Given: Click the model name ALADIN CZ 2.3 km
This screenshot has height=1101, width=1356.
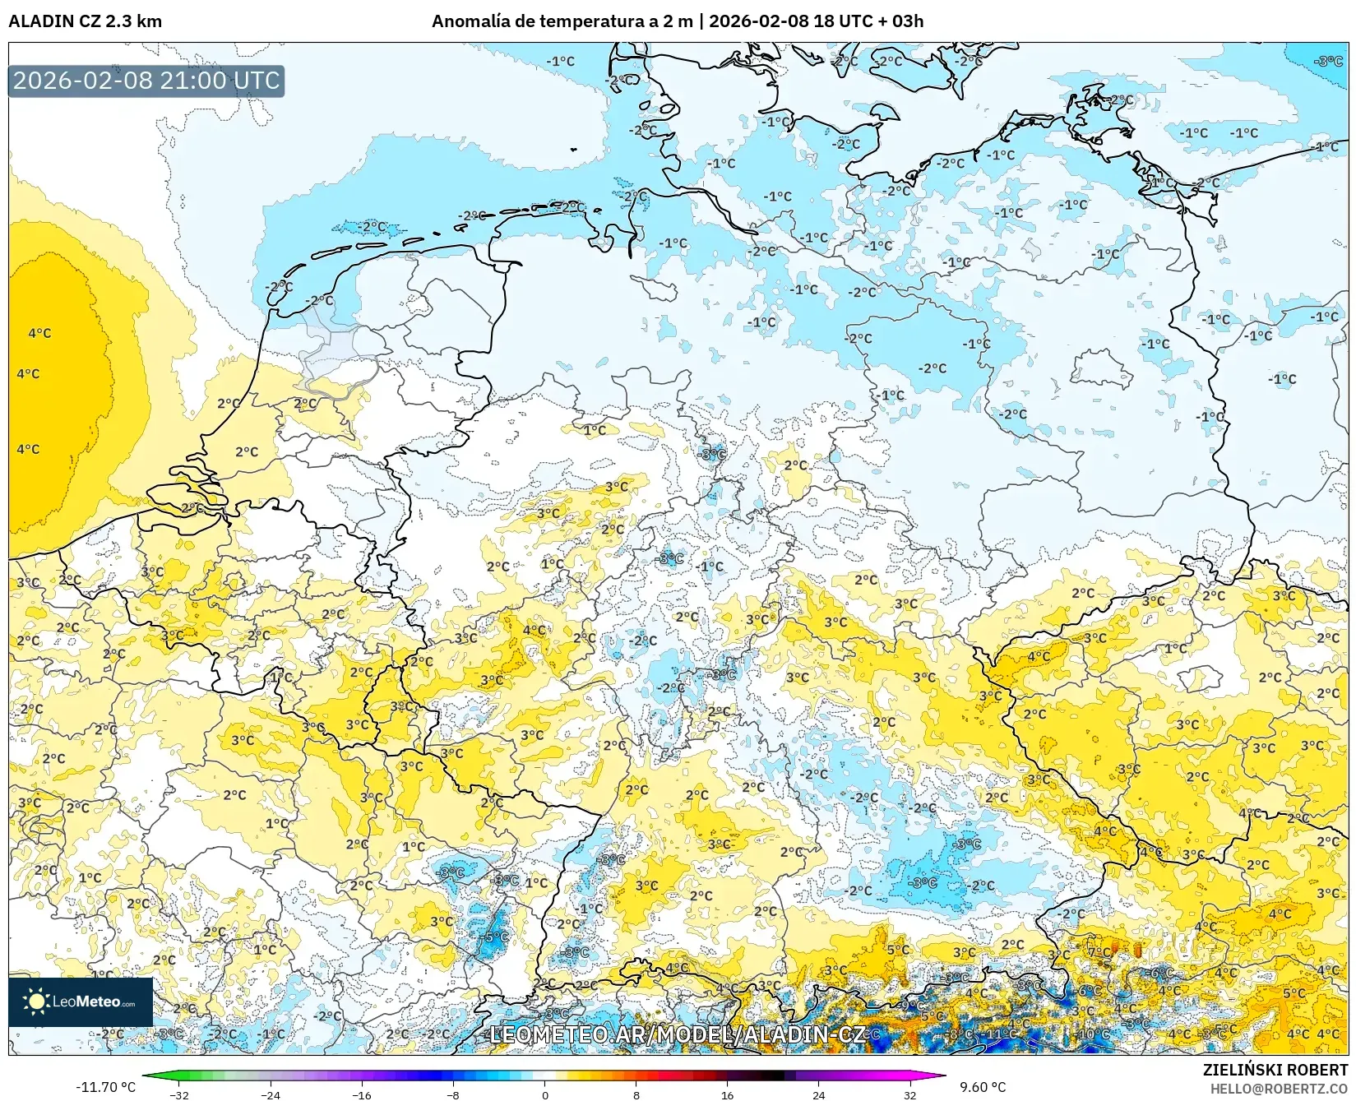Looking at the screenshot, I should pyautogui.click(x=85, y=21).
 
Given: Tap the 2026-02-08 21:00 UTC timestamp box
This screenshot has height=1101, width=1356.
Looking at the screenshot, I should pyautogui.click(x=146, y=81).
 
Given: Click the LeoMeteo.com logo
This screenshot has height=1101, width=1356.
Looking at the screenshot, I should pyautogui.click(x=81, y=1002).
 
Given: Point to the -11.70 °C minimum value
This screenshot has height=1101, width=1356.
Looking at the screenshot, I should pyautogui.click(x=105, y=1087).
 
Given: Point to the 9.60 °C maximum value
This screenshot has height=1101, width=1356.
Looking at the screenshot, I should pyautogui.click(x=983, y=1087).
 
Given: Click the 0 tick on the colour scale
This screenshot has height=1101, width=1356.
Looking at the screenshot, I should pyautogui.click(x=544, y=1094).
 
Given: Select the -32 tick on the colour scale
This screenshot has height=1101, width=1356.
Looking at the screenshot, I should pyautogui.click(x=179, y=1094).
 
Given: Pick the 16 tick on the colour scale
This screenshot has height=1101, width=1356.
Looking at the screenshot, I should pyautogui.click(x=727, y=1094).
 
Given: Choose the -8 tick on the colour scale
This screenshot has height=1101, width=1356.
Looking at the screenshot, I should pyautogui.click(x=452, y=1094).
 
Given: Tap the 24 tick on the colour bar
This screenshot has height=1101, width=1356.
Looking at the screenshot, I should pyautogui.click(x=818, y=1094).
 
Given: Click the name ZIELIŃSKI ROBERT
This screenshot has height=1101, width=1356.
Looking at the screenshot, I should pyautogui.click(x=1275, y=1070).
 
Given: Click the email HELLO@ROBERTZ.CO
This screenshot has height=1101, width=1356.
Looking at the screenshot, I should pyautogui.click(x=1279, y=1088).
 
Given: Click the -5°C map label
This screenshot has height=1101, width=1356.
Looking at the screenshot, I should pyautogui.click(x=496, y=937).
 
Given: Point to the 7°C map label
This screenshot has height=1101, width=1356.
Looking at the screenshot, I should pyautogui.click(x=1099, y=952).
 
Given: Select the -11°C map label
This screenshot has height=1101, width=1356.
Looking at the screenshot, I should pyautogui.click(x=1001, y=1034).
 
